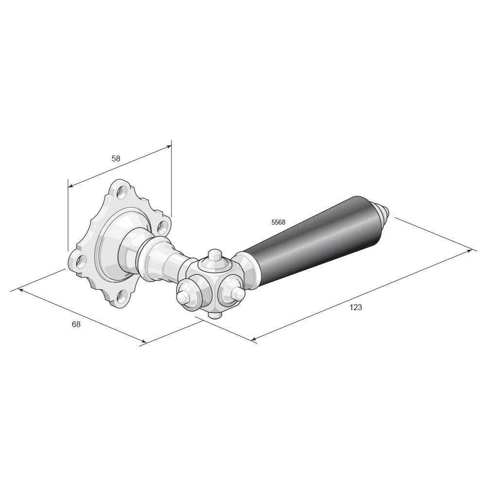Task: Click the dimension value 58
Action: (116, 158)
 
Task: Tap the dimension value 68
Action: (76, 324)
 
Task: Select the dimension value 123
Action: (356, 308)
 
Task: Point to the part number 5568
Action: (278, 222)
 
